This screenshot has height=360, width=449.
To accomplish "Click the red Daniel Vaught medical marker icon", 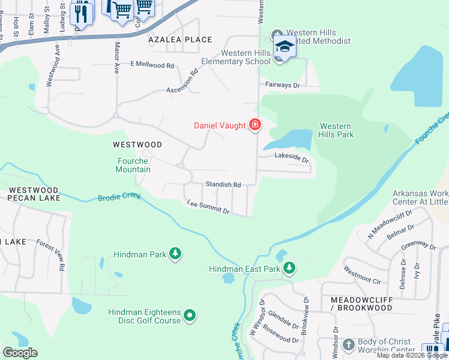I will pos(255,125).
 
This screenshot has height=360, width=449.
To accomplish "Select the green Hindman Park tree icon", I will pos(175,254).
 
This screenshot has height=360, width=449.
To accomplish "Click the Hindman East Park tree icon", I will pos(289,268).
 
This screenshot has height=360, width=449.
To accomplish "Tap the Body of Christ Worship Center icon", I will pos(349,345).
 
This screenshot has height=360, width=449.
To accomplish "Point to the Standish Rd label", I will pos(223,185).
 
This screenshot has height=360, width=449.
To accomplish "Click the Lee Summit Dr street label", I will pos(208,208).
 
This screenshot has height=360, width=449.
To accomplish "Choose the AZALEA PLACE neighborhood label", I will pos(180,40).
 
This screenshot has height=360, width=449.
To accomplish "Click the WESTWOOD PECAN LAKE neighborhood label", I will pos(34,193).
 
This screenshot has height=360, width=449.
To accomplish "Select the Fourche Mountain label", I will pos(133,165).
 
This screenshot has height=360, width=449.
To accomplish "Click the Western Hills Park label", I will pos(336,130).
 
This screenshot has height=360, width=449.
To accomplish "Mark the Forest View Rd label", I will pos(50,256).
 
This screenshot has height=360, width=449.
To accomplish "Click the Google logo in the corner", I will pos(20,353).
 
